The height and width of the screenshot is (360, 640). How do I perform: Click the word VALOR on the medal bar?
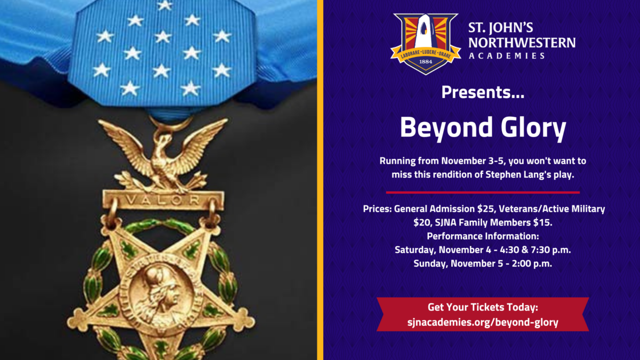[163, 199]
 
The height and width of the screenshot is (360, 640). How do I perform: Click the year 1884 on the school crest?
[426, 61]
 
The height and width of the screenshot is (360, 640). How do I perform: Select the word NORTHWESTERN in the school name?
[522, 43]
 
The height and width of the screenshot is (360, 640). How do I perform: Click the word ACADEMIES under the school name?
[507, 55]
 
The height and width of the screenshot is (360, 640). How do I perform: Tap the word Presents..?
[483, 92]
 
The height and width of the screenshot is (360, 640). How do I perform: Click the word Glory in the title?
[533, 127]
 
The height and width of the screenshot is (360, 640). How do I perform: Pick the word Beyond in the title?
[446, 127]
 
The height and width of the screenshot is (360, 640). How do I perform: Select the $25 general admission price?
[486, 209]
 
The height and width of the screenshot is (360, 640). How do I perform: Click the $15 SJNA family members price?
[542, 222]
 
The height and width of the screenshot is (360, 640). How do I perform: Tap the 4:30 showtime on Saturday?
[509, 250]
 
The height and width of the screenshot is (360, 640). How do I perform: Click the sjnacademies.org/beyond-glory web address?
[483, 322]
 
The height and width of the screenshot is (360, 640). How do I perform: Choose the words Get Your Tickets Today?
[483, 307]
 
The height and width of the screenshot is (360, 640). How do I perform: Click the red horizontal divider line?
[483, 193]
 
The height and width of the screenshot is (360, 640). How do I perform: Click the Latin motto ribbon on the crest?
[426, 54]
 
